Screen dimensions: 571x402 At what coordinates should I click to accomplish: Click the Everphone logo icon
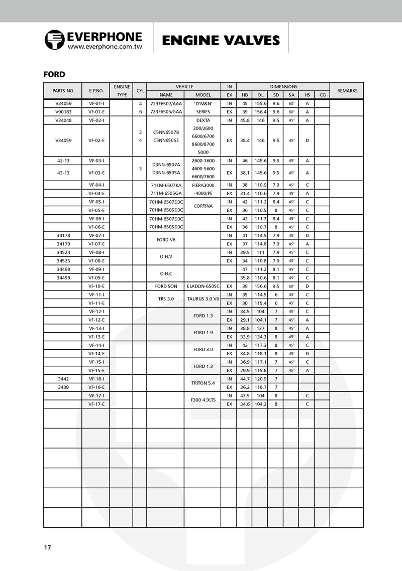click(54, 40)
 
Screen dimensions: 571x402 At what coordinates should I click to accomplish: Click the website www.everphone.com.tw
click(105, 46)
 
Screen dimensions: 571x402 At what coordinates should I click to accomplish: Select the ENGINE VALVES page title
click(221, 40)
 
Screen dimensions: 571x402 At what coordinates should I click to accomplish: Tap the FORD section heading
click(54, 74)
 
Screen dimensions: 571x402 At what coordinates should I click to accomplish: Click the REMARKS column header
click(347, 91)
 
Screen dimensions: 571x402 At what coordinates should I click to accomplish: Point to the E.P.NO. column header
click(96, 91)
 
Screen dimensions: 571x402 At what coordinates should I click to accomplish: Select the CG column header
click(322, 95)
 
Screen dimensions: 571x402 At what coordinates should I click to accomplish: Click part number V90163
click(63, 112)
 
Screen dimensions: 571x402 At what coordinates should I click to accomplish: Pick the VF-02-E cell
click(96, 140)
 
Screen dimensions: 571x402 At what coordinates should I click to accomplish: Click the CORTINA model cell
click(203, 206)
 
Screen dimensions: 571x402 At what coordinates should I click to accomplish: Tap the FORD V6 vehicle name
click(165, 239)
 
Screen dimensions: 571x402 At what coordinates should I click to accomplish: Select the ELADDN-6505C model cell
click(203, 286)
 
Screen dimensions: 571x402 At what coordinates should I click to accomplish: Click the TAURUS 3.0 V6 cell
click(203, 299)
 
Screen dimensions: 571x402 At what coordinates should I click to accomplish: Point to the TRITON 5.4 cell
click(203, 383)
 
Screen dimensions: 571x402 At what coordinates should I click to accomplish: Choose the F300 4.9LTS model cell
click(203, 400)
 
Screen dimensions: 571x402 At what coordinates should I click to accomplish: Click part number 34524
click(63, 252)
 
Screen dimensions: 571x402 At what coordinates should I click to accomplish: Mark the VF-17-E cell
click(96, 404)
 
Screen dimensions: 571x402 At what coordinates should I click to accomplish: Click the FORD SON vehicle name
click(165, 286)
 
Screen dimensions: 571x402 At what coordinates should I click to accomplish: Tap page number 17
click(47, 547)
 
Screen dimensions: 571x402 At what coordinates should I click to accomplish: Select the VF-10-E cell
click(96, 286)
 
